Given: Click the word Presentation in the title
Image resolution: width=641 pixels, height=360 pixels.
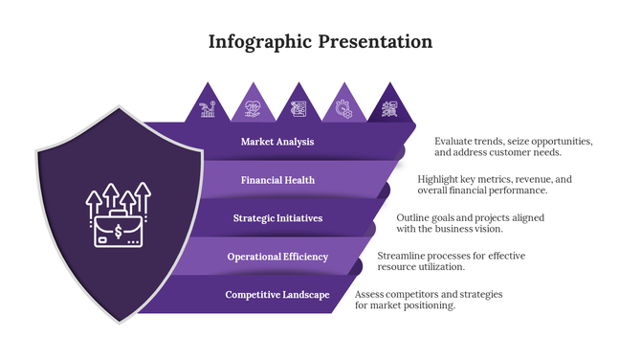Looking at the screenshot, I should coord(375,42).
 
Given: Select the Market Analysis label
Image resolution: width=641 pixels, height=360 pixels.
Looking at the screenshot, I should coord(277,142).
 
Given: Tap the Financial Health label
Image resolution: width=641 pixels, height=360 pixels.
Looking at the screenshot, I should coord(277,180).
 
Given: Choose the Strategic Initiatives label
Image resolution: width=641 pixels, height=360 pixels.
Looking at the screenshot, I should coord(277,218).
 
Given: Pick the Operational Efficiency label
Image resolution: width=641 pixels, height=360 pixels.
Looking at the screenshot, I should coord(277,257).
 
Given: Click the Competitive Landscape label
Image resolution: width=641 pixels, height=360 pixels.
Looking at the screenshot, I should coord(277,295).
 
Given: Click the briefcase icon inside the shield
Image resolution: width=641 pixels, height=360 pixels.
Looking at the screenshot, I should coord(118,231).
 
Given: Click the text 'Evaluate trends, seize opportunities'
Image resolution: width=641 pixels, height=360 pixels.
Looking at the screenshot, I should coord(514,141).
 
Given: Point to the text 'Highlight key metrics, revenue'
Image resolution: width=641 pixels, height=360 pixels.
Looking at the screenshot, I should coord(495,179).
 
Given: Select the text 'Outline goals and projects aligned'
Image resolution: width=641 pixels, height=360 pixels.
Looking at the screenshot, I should coord(471,217).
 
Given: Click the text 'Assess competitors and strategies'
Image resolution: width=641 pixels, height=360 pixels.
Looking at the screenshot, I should coord(429,294).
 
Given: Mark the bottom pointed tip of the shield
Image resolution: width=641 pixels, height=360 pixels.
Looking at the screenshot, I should coord(120,323).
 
